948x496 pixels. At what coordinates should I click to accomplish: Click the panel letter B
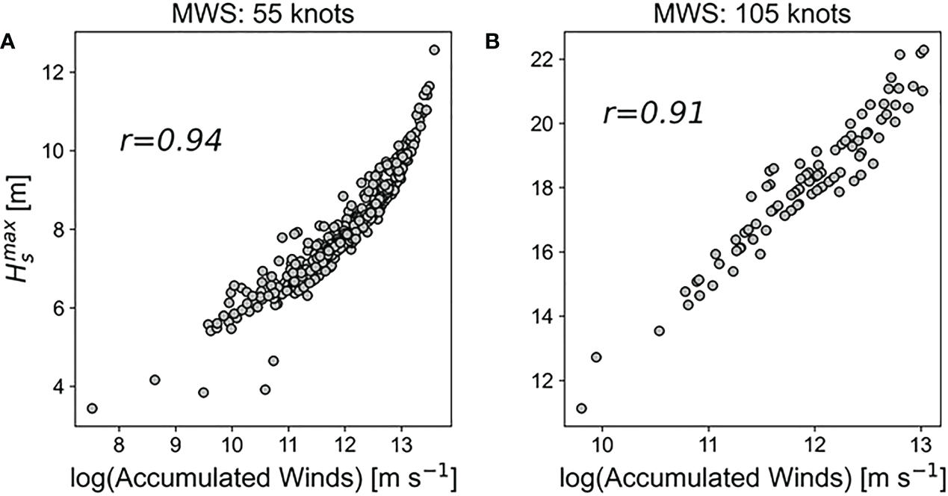(x=492, y=43)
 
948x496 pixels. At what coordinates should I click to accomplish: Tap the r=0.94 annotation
(x=170, y=141)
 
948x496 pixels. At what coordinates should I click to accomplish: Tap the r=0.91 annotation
(x=653, y=114)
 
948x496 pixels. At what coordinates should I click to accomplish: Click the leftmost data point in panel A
(x=92, y=408)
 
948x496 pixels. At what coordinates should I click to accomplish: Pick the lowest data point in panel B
(x=581, y=408)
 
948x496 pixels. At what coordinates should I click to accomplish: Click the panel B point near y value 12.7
(x=595, y=357)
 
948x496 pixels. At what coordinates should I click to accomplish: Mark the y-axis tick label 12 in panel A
(x=53, y=72)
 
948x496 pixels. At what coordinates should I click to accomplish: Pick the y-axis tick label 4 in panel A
(x=57, y=386)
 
